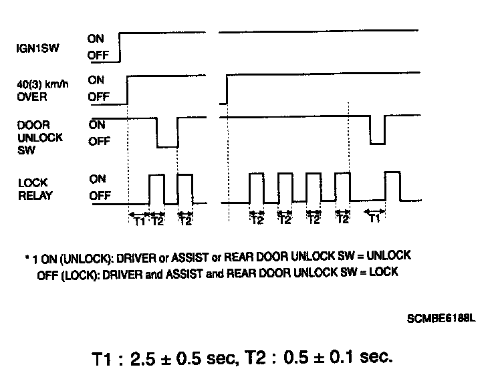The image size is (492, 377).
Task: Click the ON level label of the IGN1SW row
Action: pyautogui.click(x=96, y=39)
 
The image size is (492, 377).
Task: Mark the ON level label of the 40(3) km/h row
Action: pyautogui.click(x=96, y=79)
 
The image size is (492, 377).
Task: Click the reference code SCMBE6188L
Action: pyautogui.click(x=440, y=318)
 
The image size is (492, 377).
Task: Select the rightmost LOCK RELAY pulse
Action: pyautogui.click(x=392, y=186)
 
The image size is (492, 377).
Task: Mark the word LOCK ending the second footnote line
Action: pyautogui.click(x=385, y=272)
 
